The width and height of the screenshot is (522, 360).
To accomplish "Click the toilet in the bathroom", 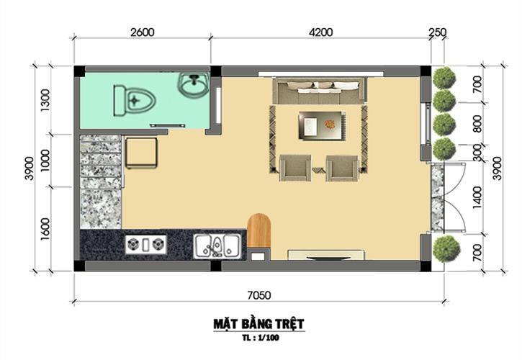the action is (135, 101).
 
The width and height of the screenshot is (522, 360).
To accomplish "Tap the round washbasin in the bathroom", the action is (194, 85).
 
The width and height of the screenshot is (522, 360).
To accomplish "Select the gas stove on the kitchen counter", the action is (146, 245).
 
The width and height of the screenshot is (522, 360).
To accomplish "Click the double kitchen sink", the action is (217, 246).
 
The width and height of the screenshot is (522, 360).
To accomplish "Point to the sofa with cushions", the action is (320, 91).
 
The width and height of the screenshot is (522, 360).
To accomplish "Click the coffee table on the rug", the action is (322, 125).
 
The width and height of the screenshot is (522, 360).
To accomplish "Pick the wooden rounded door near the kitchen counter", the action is (258, 230).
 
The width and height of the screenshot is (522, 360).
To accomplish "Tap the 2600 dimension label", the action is (143, 32).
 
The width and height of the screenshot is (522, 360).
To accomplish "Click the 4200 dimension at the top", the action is (320, 32).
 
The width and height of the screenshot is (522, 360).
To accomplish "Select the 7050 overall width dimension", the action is (259, 295).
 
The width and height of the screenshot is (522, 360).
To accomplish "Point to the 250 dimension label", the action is (437, 32).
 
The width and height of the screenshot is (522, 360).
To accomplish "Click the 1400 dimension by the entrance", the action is (477, 198).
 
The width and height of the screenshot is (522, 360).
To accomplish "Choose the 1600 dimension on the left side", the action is (45, 229).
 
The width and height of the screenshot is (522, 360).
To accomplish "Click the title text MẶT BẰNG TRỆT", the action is (258, 324).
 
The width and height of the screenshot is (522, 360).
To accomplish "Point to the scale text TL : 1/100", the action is (261, 338).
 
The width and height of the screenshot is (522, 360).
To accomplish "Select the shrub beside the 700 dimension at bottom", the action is (446, 249).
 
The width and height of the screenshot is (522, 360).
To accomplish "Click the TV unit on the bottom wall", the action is (326, 255).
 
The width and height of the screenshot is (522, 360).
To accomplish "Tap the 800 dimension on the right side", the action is (477, 124).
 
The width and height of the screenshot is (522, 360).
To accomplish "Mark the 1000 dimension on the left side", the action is (45, 160).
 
